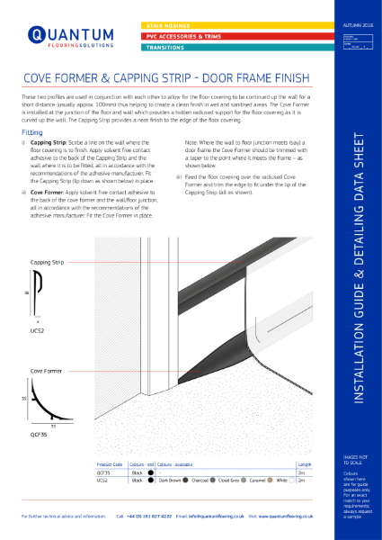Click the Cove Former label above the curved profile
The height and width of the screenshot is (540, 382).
[x=46, y=370]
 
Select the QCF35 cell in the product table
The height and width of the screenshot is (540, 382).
[x=103, y=472]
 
